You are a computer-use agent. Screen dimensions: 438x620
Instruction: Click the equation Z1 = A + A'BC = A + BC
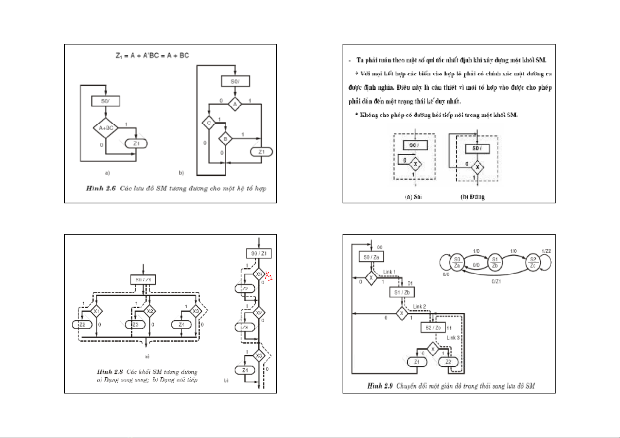152,56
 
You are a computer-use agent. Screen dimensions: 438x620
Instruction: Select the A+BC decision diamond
106,128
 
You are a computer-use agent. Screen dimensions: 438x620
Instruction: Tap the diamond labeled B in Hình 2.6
225,139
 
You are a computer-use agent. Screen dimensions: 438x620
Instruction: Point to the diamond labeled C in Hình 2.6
209,123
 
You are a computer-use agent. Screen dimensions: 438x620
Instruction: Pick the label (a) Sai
413,197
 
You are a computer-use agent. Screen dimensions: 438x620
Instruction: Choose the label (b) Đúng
473,197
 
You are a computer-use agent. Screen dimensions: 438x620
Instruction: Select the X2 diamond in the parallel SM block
149,311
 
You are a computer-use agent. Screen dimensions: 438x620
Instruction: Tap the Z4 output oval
181,324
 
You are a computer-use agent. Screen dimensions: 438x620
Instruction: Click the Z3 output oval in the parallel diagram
135,324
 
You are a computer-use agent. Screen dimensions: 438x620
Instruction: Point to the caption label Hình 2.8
110,372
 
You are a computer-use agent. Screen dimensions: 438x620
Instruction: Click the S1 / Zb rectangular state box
402,292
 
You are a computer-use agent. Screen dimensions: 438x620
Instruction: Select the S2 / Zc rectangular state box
433,327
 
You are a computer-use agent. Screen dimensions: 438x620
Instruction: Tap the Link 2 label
419,306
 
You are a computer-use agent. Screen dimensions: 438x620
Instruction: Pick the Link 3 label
453,338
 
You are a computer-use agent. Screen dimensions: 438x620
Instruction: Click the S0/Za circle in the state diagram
457,262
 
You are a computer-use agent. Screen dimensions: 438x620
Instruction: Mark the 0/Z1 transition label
496,281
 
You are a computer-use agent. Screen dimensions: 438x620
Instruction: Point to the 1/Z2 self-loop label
546,251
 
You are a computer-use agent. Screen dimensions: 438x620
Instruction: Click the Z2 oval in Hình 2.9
448,362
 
